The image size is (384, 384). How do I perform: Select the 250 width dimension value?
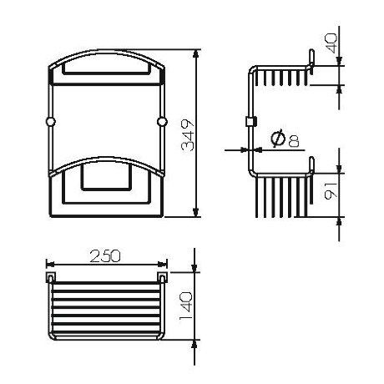(x=106, y=253)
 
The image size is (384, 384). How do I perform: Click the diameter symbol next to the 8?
(x=277, y=141)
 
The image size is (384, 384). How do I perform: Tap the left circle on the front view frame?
(x=50, y=123)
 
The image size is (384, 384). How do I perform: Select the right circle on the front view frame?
(x=161, y=123)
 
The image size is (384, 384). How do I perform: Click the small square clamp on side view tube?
(x=248, y=123)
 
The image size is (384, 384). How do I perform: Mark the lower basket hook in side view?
(x=311, y=164)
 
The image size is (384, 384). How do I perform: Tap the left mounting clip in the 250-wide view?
(x=51, y=274)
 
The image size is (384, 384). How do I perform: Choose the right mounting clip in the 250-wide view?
(x=161, y=274)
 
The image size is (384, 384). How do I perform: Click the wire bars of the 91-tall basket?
(x=284, y=200)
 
